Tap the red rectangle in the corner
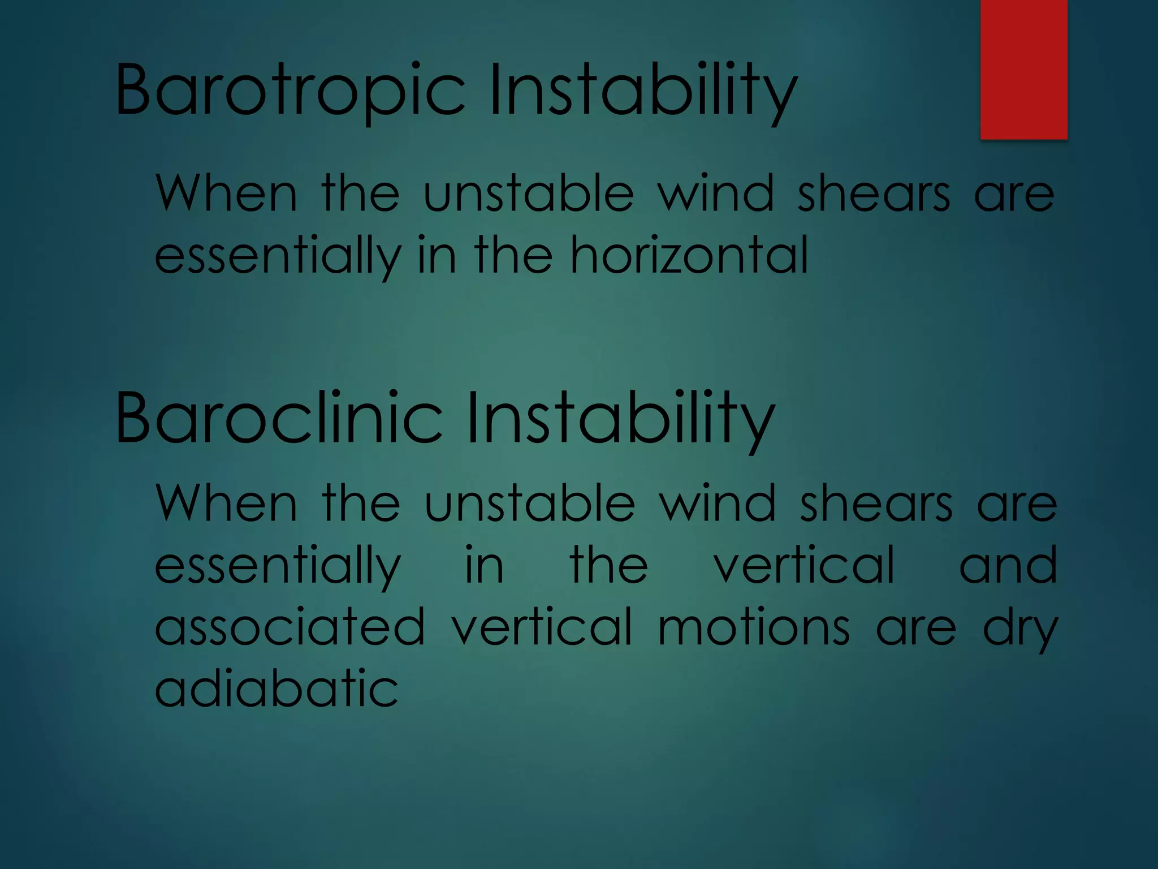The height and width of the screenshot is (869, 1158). coord(1023,69)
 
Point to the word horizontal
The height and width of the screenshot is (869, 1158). coord(689,256)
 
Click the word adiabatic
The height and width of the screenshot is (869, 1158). coord(276,689)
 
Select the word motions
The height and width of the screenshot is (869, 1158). coord(754,627)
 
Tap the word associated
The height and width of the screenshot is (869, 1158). coord(289,627)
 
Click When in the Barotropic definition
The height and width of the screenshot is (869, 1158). coord(226,193)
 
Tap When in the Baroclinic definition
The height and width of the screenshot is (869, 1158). coord(226,503)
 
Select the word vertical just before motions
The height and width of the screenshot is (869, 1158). coord(542,627)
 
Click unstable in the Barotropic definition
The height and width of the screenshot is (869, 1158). coord(529,193)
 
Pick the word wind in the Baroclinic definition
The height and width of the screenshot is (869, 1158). coord(718,503)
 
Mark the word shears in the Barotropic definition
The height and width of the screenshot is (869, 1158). coord(874,193)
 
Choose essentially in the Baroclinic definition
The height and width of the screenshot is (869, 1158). coord(278,566)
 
